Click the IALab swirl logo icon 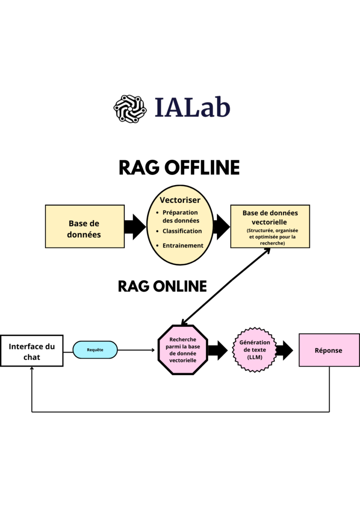127,108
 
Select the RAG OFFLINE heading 179,167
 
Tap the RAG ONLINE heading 162,286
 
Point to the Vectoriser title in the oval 180,200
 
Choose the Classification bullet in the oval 182,231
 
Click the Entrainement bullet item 183,246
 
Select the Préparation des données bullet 180,217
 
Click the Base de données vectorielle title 270,217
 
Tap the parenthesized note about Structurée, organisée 270,237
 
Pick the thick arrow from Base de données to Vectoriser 135,227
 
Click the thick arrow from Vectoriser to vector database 221,227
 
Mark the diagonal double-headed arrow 226,286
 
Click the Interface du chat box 32,351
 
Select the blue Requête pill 95,350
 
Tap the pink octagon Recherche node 183,350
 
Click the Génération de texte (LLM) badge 255,350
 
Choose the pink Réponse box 329,350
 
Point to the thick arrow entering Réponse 284,350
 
